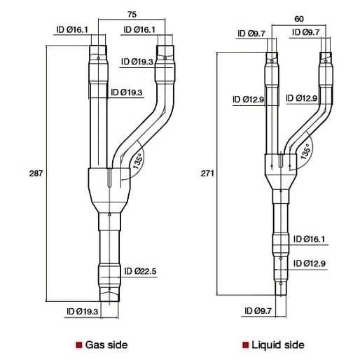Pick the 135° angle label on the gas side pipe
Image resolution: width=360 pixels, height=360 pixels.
[137, 162]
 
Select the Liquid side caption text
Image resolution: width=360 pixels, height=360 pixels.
[278, 345]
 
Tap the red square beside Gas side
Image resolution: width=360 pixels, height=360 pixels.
[78, 345]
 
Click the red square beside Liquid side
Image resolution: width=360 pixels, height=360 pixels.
[245, 345]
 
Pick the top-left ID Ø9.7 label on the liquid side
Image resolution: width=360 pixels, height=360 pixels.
[250, 32]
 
